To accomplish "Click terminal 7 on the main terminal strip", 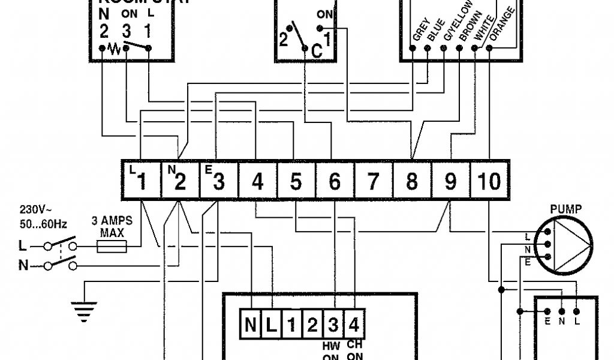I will click(373, 181).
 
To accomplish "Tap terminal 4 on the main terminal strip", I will click(258, 181).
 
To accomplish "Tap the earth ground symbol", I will click(83, 309).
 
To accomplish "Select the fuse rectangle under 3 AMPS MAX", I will click(112, 246).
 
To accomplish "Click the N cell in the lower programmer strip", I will click(250, 325).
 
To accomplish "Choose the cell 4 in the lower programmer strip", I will click(354, 325).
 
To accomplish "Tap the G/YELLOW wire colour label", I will click(450, 25).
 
